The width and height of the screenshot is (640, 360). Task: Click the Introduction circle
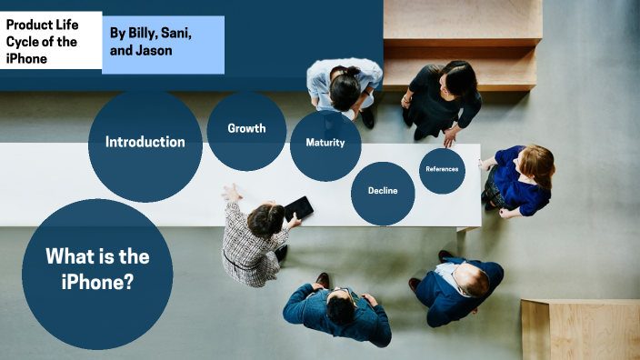(145, 142)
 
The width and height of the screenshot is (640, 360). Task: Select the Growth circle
(246, 129)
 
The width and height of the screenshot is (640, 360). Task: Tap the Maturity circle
(325, 144)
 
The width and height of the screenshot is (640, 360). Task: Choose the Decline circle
(383, 191)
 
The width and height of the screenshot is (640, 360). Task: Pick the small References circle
(442, 169)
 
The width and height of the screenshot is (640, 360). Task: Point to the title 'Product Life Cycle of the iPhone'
(42, 42)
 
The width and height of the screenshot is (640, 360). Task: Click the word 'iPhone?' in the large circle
(97, 283)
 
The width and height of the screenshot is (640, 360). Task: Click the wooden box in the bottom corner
(581, 328)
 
